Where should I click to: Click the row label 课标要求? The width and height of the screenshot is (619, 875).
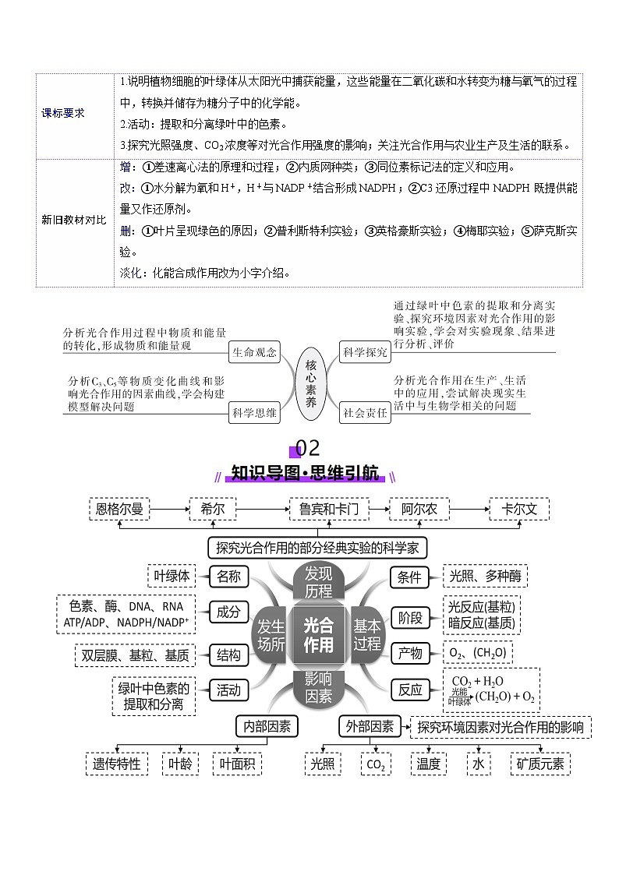point(63,113)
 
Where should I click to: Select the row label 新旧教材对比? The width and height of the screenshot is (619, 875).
point(74,221)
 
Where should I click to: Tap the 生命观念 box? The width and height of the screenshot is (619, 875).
point(254,352)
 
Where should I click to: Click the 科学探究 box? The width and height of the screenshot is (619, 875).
point(365,352)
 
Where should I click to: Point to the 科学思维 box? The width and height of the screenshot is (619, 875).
point(254,413)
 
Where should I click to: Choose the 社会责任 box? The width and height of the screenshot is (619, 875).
point(365,413)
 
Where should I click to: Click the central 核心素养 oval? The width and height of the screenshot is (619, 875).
point(309,383)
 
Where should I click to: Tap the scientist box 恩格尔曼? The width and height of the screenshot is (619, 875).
point(120,510)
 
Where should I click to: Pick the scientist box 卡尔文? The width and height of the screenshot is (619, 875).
point(519,510)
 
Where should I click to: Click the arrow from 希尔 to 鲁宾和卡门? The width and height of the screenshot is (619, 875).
point(263,510)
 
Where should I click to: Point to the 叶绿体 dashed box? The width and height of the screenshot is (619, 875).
point(172,576)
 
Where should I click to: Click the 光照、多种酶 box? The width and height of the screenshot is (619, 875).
point(486,576)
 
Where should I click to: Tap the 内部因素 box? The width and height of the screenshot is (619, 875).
point(267,726)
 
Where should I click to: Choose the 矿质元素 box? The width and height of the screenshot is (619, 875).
point(541,764)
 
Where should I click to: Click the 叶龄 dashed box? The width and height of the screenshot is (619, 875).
point(180,764)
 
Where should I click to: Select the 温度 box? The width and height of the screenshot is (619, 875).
point(429,764)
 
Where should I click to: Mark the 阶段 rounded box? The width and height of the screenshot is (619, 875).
point(410,618)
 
